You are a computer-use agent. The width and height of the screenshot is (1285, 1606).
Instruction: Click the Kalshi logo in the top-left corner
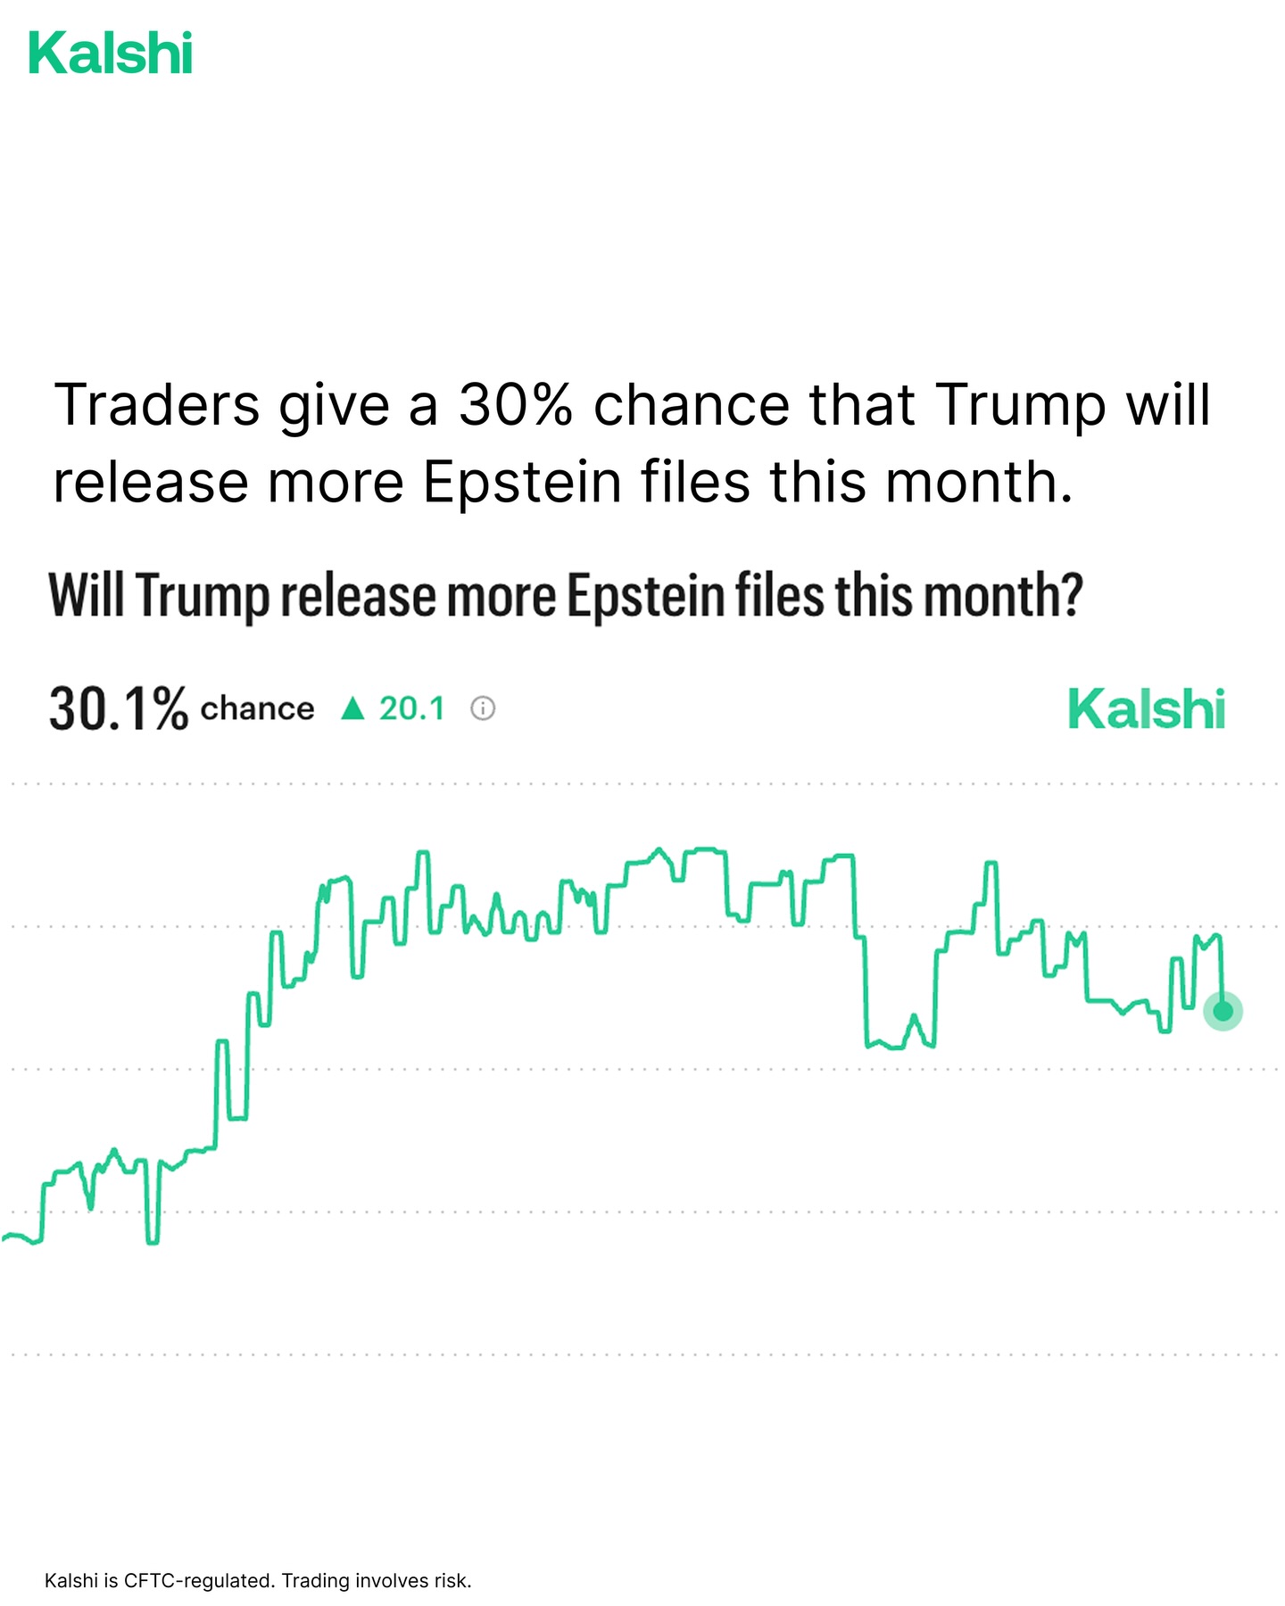[x=111, y=54]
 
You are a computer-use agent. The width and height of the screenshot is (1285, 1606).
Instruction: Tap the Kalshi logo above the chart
[x=1147, y=710]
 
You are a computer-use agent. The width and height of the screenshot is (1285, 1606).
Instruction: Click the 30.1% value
[x=119, y=709]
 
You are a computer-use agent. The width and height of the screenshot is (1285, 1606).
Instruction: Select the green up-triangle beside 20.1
[x=353, y=708]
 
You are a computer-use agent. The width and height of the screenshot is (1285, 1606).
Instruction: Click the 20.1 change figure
[x=411, y=708]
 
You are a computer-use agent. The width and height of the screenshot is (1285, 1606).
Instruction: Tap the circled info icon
[x=483, y=708]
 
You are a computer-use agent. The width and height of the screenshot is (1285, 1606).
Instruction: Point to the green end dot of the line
[x=1223, y=1011]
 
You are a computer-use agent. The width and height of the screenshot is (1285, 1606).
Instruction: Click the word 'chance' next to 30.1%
[x=257, y=708]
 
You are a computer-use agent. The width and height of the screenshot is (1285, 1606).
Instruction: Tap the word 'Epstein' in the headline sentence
[x=522, y=482]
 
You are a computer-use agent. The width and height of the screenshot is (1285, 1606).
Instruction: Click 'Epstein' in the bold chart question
[x=646, y=595]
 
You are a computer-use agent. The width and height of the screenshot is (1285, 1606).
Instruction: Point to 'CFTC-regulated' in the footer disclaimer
[x=197, y=1581]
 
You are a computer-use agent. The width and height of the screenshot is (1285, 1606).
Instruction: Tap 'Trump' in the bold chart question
[x=203, y=595]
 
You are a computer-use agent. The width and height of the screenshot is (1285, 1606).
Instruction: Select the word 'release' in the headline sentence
[x=150, y=482]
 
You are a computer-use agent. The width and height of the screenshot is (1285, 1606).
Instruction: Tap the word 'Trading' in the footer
[x=316, y=1581]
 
